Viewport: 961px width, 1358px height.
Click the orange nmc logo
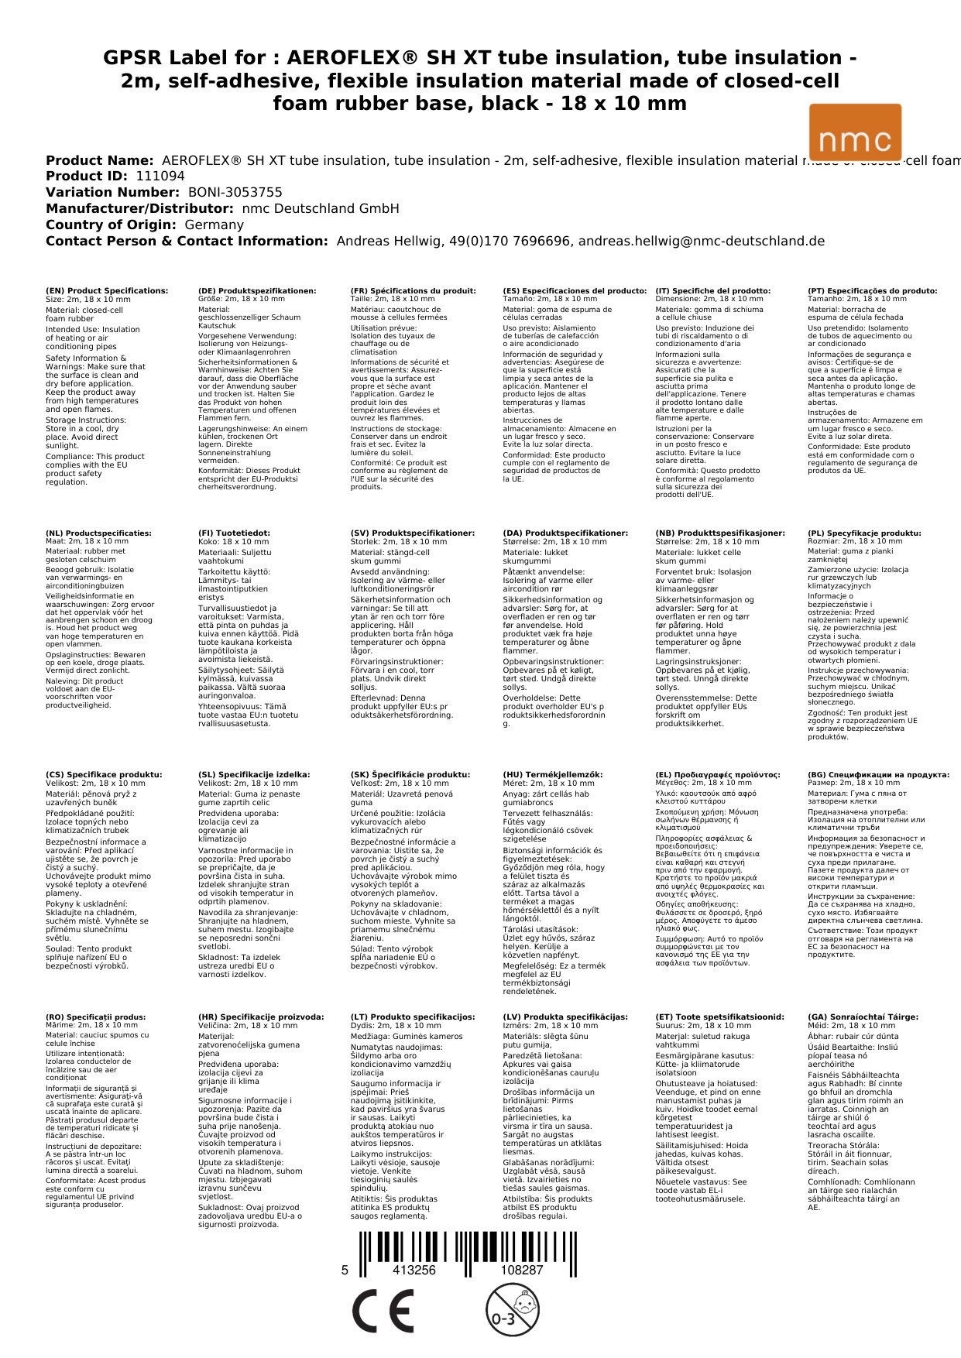(855, 132)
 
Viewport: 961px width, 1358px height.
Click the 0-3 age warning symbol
(512, 1310)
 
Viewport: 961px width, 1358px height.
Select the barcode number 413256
(414, 1270)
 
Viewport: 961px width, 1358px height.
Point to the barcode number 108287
(521, 1270)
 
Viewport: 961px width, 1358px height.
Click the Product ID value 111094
(160, 177)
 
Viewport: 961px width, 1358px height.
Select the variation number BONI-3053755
(235, 193)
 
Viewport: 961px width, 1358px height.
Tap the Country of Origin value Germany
(214, 225)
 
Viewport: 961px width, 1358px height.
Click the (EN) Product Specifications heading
(107, 291)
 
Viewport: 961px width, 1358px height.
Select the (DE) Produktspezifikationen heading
(257, 291)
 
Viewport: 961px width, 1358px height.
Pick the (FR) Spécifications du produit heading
(413, 291)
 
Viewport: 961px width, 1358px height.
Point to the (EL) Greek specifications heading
(718, 775)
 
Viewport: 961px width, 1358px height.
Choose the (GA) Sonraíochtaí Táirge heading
(863, 1017)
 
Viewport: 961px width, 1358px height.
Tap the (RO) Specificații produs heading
(95, 1017)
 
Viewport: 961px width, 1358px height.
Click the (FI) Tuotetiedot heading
(234, 533)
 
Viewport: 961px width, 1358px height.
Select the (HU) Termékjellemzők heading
(552, 775)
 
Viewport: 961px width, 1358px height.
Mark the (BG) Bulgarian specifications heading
(878, 775)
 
